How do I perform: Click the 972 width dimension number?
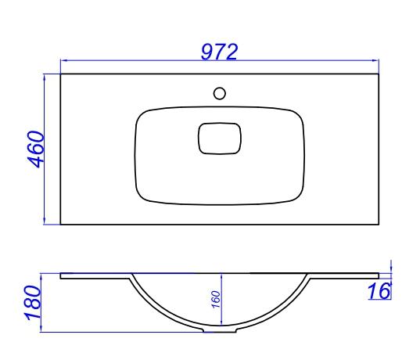(219, 52)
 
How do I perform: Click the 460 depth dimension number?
(35, 149)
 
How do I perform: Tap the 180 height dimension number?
(33, 303)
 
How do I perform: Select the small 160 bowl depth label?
(216, 300)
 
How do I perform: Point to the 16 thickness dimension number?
(379, 291)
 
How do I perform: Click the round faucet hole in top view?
(219, 93)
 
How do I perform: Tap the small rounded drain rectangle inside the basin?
(220, 139)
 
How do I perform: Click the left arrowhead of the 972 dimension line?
(64, 60)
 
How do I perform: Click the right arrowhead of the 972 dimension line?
(375, 60)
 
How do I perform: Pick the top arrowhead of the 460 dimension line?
(45, 77)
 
